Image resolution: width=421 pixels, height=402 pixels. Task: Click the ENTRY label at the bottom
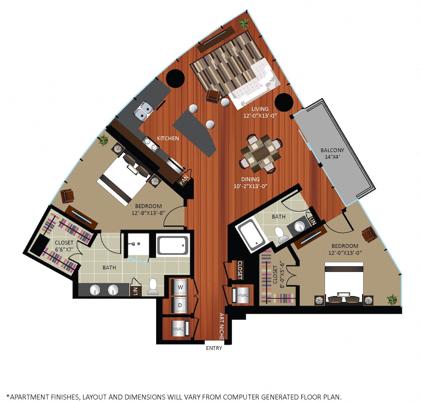(x=214, y=348)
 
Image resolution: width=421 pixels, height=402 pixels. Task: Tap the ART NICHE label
(x=221, y=326)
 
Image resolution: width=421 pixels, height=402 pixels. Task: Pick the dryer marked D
(x=180, y=304)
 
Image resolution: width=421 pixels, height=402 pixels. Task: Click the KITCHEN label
(x=168, y=138)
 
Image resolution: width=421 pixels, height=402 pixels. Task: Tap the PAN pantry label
(x=184, y=181)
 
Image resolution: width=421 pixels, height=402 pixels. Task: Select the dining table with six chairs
(x=261, y=154)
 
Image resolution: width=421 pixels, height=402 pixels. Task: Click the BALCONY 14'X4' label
(x=332, y=153)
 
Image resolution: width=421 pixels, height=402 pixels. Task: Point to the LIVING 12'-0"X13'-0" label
(x=260, y=112)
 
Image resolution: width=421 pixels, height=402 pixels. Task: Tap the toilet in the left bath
(x=153, y=287)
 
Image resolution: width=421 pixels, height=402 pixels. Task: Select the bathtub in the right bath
(x=251, y=236)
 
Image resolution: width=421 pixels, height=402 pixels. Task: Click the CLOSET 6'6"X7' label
(x=64, y=246)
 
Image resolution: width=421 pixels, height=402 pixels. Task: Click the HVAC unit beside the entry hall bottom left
(x=180, y=329)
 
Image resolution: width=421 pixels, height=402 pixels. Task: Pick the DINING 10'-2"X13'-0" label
(x=250, y=183)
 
